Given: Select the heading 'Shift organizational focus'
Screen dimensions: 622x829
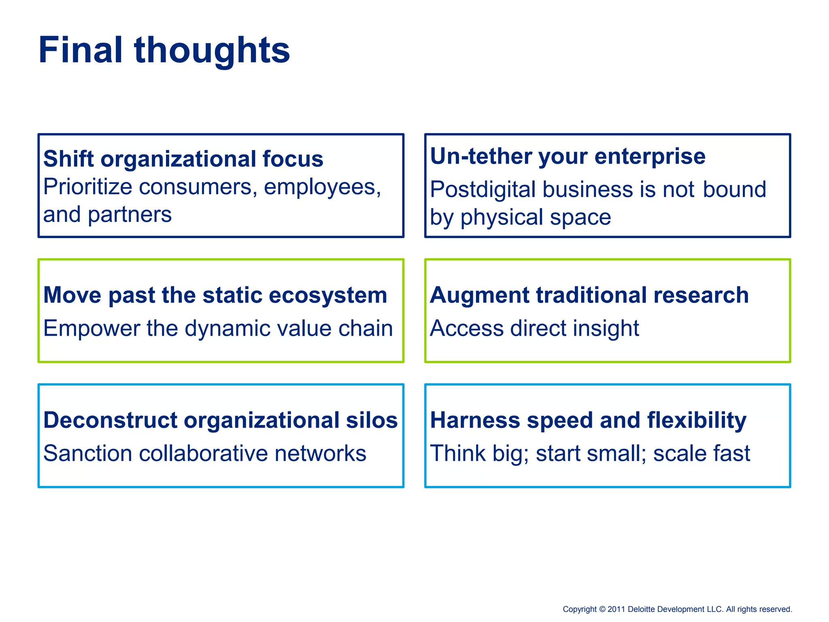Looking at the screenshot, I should tap(183, 158).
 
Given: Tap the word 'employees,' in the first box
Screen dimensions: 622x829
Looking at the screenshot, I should tap(322, 187).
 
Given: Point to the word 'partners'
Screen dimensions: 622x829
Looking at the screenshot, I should tap(130, 214).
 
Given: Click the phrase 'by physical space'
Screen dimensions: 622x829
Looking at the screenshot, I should tap(520, 217).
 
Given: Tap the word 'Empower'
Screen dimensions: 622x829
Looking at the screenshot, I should tap(92, 328).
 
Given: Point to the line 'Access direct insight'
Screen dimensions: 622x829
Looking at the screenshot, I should tap(534, 328).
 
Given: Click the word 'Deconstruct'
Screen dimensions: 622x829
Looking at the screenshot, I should tap(110, 420).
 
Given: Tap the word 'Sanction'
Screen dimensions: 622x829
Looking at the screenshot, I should tap(87, 453).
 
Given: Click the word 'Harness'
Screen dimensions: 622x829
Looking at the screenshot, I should tap(475, 420).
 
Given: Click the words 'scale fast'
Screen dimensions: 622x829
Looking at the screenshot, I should tap(701, 453).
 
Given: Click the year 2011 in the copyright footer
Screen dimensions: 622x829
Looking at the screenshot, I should tap(616, 609).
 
